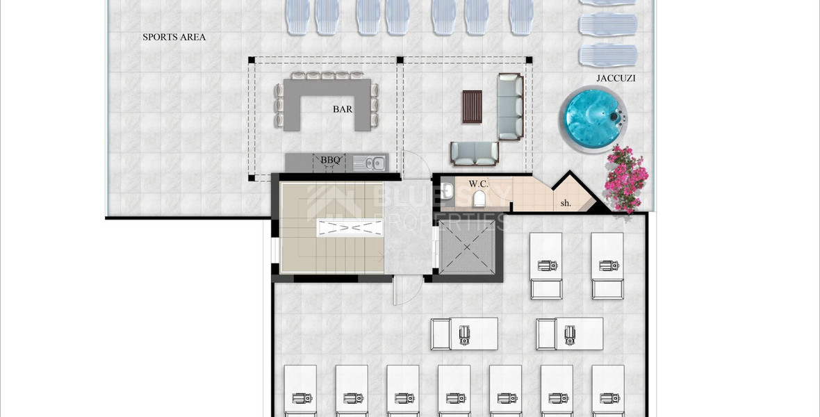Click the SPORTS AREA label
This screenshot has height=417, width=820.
(x=174, y=37)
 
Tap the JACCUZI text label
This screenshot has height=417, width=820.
(x=616, y=79)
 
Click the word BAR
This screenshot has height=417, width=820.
(x=342, y=109)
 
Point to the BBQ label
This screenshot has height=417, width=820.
(x=330, y=161)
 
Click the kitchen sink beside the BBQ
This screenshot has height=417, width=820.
(x=368, y=163)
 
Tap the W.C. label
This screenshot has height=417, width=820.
(x=478, y=184)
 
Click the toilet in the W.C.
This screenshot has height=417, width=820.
(x=478, y=199)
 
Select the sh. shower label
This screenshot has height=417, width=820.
(x=566, y=204)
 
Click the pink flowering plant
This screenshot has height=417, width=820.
(x=625, y=179)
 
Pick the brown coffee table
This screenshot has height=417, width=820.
(x=472, y=106)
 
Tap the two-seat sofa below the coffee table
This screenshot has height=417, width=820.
(x=475, y=153)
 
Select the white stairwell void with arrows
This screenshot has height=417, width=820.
(x=350, y=227)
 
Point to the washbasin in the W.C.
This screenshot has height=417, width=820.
(x=448, y=190)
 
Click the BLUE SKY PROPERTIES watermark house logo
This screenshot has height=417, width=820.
(x=334, y=202)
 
